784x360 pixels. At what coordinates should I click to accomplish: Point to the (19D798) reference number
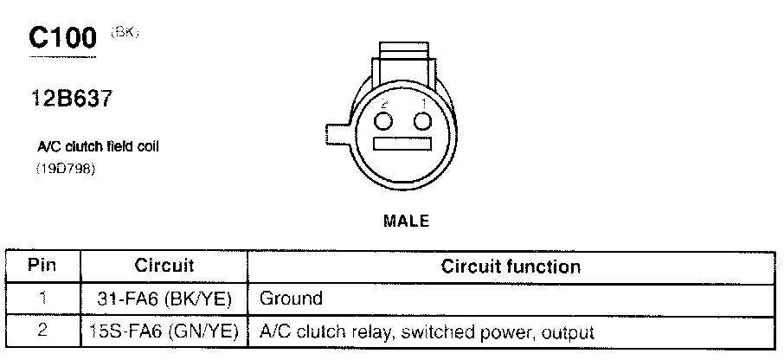point(65,168)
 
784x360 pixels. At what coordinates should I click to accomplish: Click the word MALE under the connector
point(406,221)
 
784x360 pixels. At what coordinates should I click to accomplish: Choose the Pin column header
point(42,266)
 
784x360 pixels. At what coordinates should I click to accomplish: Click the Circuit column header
point(164,266)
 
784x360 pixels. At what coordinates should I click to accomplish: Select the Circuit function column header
point(511,266)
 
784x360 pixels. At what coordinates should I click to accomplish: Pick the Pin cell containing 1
point(42,299)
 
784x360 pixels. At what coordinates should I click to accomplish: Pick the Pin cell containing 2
point(42,331)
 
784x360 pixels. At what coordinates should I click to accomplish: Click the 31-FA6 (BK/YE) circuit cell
point(164,299)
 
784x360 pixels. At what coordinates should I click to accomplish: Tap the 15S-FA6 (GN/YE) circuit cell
point(164,331)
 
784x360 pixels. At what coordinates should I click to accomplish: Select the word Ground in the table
point(291,299)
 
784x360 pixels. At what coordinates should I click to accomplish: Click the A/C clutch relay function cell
point(427,331)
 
